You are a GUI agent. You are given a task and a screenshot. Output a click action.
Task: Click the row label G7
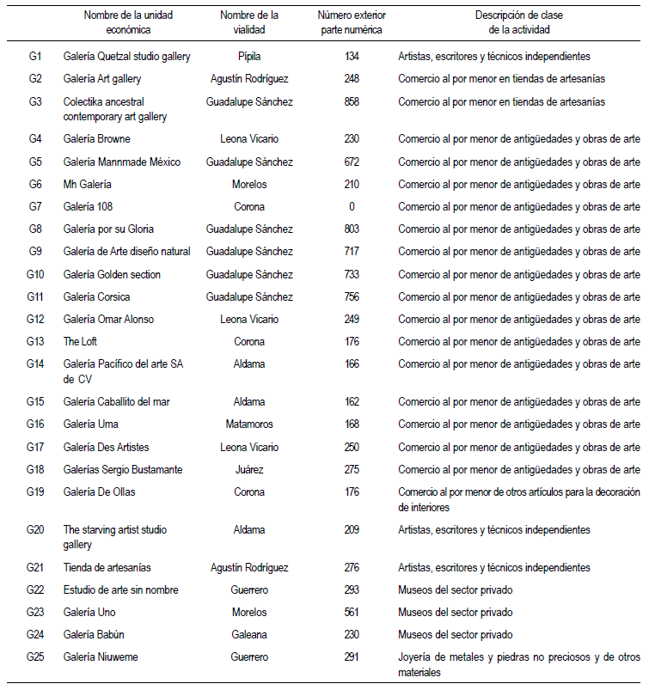tap(35, 206)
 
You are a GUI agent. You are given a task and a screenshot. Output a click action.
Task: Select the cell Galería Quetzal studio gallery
tap(127, 57)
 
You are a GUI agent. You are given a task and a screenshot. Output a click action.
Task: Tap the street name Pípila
tap(249, 57)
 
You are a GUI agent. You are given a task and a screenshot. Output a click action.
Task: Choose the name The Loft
tap(83, 341)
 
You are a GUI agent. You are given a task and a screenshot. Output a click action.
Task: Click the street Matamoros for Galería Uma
tap(249, 424)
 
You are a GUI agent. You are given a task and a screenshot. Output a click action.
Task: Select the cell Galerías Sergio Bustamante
tap(124, 469)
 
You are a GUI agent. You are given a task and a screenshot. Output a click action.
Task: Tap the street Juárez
tap(249, 469)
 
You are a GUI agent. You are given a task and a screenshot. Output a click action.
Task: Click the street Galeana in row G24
tap(249, 634)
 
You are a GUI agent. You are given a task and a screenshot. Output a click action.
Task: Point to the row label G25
tap(35, 657)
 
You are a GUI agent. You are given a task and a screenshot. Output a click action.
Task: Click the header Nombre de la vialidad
tap(249, 22)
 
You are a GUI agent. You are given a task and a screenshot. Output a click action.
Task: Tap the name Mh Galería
tap(88, 184)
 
